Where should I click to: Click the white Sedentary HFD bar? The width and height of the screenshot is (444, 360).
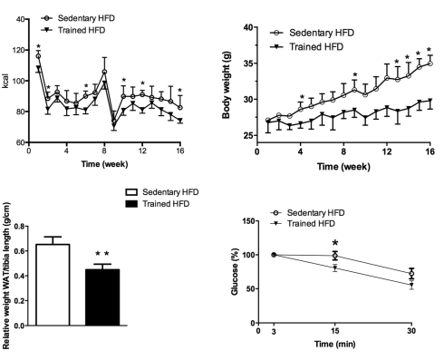click(53, 285)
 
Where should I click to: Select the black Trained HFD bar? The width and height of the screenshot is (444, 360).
click(102, 297)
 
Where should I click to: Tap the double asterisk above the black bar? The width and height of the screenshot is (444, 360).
click(102, 254)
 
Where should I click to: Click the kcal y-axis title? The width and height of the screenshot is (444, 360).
click(5, 81)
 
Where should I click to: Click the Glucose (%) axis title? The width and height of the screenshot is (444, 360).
click(235, 271)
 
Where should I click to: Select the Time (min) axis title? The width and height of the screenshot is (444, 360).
click(334, 344)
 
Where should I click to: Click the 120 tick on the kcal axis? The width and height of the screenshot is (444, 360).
click(19, 50)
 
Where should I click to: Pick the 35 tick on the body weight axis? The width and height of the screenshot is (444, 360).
click(248, 63)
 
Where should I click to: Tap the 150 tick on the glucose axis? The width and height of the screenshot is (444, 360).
click(248, 221)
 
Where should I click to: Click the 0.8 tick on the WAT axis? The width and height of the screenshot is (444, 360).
click(19, 226)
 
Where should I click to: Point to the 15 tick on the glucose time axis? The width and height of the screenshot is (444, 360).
click(334, 331)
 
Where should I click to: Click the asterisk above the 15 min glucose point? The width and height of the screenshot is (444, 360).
click(335, 243)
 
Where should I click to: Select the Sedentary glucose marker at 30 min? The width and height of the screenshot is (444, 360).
click(411, 274)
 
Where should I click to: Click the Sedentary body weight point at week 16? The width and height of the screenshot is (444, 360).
click(430, 63)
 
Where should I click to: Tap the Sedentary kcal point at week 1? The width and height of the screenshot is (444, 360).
click(38, 56)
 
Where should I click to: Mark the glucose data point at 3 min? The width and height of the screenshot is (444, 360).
click(274, 255)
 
